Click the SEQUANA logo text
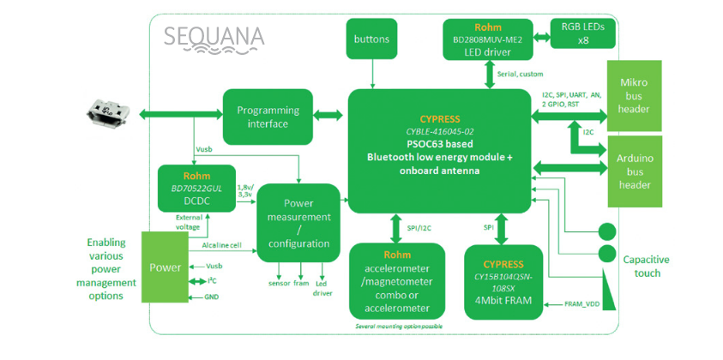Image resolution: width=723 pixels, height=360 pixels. click(x=214, y=36)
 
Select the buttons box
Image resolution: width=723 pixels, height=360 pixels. click(x=371, y=39)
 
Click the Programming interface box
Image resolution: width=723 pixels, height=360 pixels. click(x=268, y=117)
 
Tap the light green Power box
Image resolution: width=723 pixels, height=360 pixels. click(x=166, y=267)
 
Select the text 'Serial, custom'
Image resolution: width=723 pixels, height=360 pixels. click(x=520, y=75)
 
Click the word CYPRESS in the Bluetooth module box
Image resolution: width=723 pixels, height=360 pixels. click(x=440, y=119)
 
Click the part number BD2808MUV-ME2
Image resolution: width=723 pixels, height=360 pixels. click(x=487, y=39)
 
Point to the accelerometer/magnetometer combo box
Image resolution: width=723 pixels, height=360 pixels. click(x=397, y=280)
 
